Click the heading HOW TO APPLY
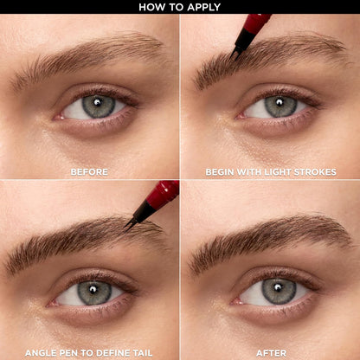pyautogui.click(x=180, y=7)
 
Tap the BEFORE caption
pyautogui.click(x=89, y=171)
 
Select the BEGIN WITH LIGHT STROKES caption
pyautogui.click(x=270, y=171)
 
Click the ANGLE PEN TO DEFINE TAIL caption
pyautogui.click(x=89, y=352)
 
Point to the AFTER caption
pyautogui.click(x=270, y=352)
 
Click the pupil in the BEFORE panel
pyautogui.click(x=99, y=106)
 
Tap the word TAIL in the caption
pyautogui.click(x=143, y=352)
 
